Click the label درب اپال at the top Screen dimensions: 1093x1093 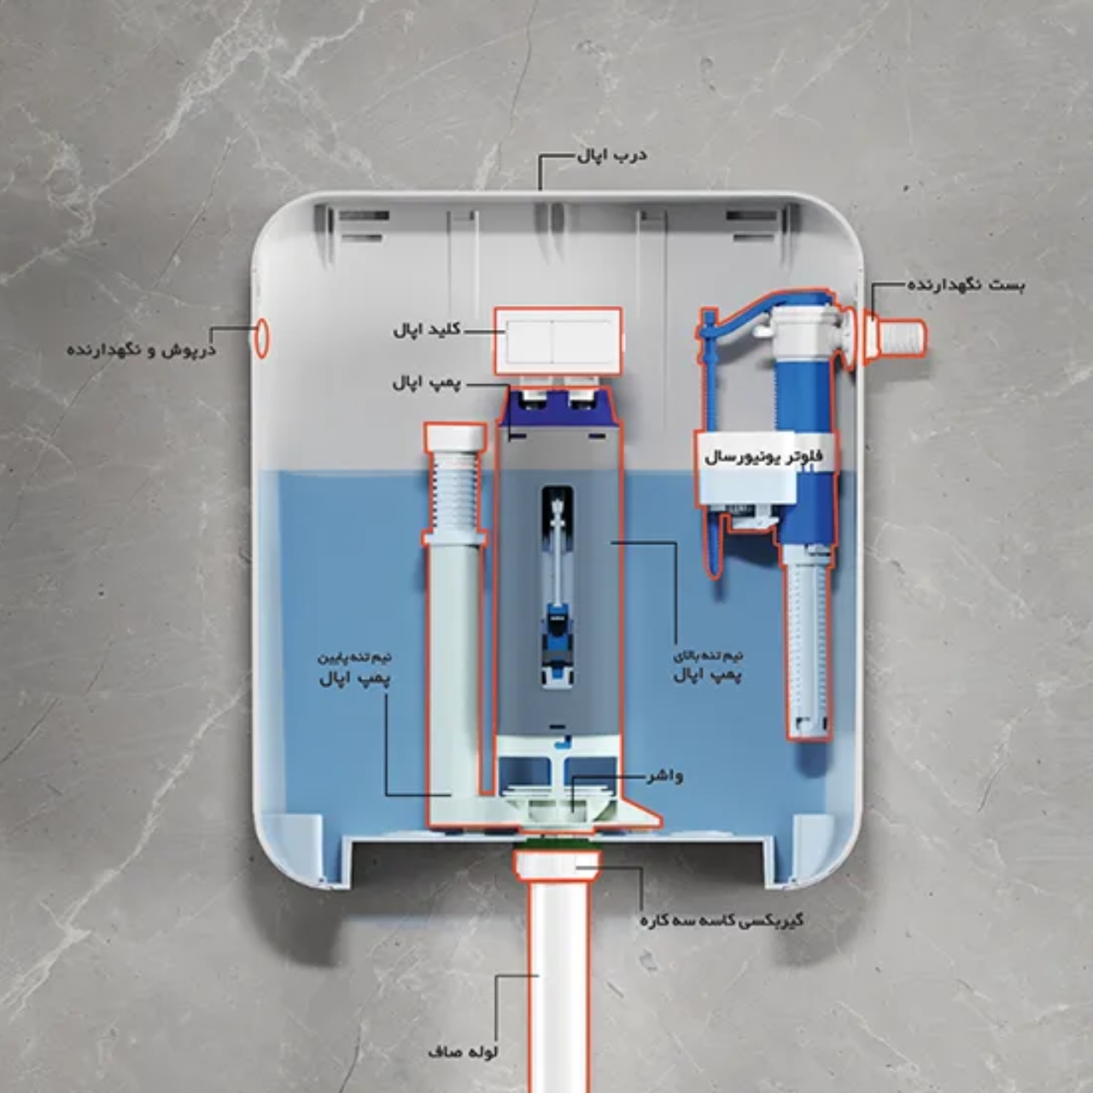tap(612, 155)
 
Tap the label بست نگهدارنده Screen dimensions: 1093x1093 tap(966, 284)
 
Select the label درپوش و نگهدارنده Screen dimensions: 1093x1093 tap(142, 349)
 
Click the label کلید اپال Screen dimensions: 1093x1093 tap(427, 330)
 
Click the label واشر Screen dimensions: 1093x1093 tap(664, 775)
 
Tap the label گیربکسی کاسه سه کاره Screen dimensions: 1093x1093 tap(722, 920)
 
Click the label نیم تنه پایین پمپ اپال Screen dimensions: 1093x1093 tap(354, 669)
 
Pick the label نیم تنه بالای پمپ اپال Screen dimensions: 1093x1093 tap(709, 667)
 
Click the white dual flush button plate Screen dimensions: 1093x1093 tap(558, 342)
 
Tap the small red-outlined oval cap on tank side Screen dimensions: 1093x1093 tap(261, 338)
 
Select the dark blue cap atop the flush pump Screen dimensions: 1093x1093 tap(558, 408)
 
